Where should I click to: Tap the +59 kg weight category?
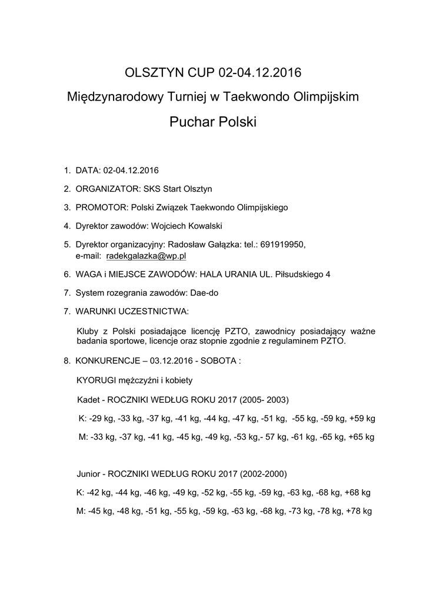362,419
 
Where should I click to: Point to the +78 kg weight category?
359,511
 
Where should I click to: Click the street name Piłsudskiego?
299,274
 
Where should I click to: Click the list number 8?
66,360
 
